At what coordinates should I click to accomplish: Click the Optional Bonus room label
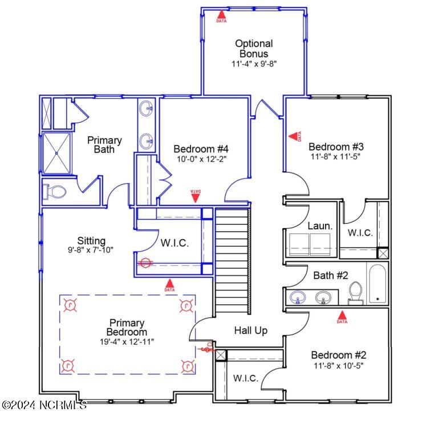coord(254,49)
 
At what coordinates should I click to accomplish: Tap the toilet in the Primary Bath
coord(55,192)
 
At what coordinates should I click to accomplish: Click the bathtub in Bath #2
coord(376,284)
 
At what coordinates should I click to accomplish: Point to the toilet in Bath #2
coord(356,292)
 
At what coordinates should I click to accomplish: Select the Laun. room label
coord(319,226)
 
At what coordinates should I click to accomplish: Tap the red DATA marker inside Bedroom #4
coord(195,196)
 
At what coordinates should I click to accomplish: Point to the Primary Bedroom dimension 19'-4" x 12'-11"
coord(127,341)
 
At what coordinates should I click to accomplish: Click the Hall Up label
coord(250,330)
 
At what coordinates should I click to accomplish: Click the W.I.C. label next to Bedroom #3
coord(360,233)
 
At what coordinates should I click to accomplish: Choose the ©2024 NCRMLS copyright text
coord(44,405)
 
